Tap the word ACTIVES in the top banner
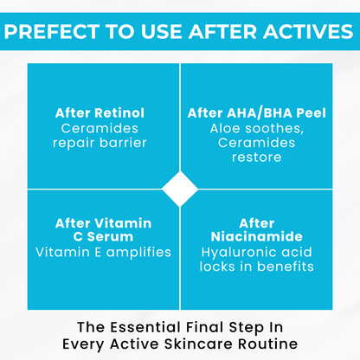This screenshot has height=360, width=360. click(302, 33)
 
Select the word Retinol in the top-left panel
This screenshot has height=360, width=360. click(124, 113)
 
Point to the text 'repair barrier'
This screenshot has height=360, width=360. click(100, 143)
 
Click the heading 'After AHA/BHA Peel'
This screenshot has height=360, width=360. click(257, 113)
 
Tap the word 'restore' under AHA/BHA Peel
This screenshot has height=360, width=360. click(257, 157)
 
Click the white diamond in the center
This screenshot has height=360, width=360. click(180, 189)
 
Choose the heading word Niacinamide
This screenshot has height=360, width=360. click(257, 238)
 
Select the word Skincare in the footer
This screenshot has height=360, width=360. click(195, 344)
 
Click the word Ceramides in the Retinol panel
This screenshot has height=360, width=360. click(100, 128)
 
